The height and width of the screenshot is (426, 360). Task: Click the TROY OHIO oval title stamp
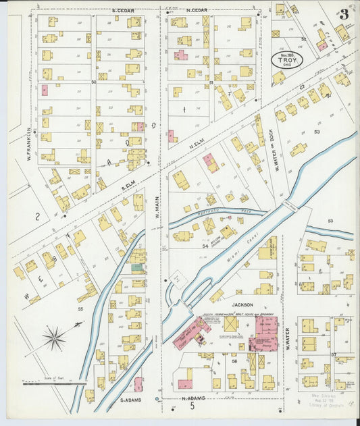point(287,60)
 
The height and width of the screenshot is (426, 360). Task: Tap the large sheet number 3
point(344,14)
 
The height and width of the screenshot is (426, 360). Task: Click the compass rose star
point(54,338)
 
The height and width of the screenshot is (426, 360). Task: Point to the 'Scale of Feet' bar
point(54,383)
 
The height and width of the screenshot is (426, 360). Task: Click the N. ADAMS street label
point(194,398)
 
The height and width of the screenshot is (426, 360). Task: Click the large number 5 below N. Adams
point(192,407)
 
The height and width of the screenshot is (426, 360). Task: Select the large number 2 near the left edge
point(38,217)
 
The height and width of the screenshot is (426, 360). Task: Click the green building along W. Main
point(137,267)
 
